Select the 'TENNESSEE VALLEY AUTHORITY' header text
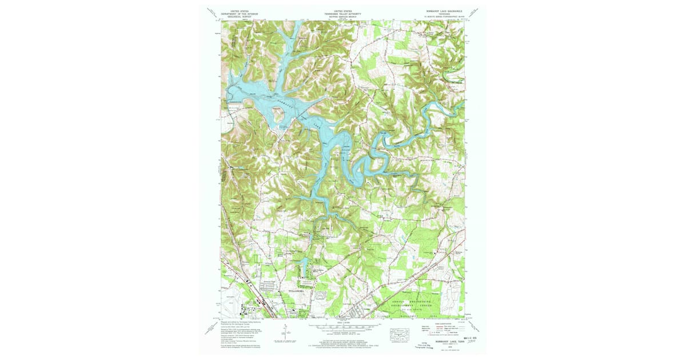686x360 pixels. click(x=342, y=13)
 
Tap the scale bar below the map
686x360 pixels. click(x=342, y=328)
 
